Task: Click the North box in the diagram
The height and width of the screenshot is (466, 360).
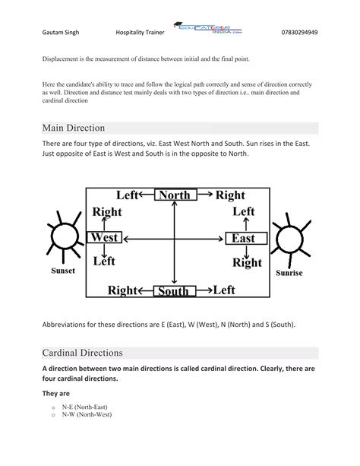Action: pyautogui.click(x=174, y=195)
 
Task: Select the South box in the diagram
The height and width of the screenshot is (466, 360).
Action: pyautogui.click(x=174, y=290)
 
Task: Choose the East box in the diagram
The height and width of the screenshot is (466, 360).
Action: pyautogui.click(x=244, y=239)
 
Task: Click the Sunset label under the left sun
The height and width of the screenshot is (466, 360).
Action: pyautogui.click(x=62, y=271)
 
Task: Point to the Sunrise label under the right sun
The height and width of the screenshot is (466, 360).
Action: pyautogui.click(x=290, y=271)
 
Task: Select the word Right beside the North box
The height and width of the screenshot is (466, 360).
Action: pyautogui.click(x=229, y=195)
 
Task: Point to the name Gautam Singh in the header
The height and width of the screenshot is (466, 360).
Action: pyautogui.click(x=62, y=33)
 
